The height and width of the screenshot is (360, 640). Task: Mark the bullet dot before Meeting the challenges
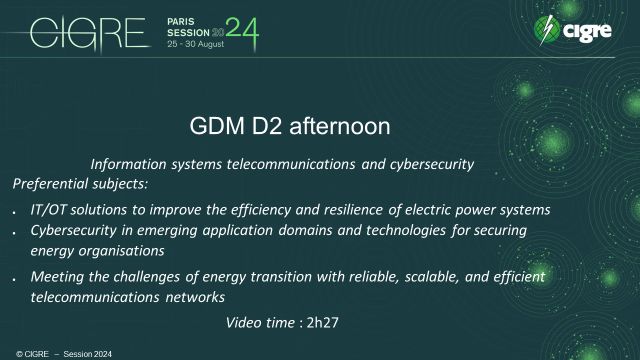click(x=10, y=278)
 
